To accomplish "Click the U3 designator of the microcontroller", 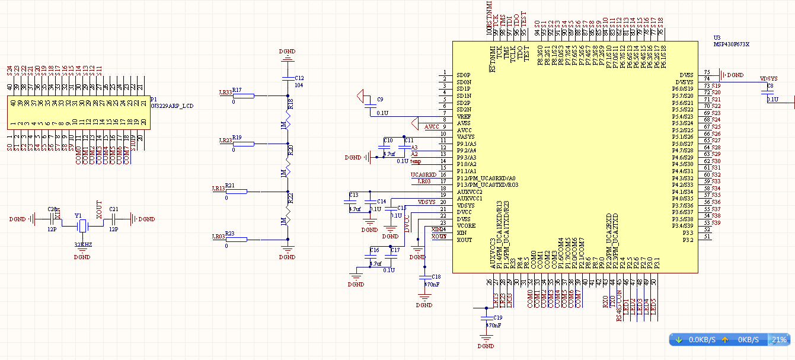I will tap(717, 37).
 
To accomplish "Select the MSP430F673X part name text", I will tap(732, 44).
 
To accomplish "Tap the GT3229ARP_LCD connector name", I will tap(172, 106).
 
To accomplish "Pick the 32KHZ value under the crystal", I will tap(82, 244).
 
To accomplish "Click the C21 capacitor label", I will tap(114, 209).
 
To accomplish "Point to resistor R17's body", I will tap(244, 95).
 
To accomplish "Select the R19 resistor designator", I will tap(237, 137).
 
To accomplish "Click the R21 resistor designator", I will tap(230, 185).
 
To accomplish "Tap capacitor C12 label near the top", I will tap(299, 78).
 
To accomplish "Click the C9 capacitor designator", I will tap(380, 99).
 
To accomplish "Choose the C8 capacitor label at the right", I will tap(770, 87).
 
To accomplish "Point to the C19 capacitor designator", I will tap(497, 318).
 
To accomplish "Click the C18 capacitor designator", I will tap(436, 277).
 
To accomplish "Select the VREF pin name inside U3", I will tap(464, 116).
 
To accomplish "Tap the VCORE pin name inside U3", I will tap(466, 226).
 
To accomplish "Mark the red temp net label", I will tap(416, 161).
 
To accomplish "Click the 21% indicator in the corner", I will tap(779, 340).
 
